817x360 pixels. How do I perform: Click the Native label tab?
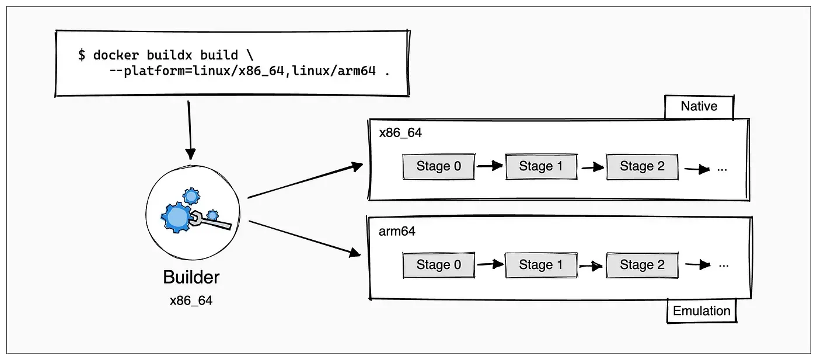pyautogui.click(x=699, y=107)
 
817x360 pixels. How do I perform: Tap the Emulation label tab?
pyautogui.click(x=701, y=311)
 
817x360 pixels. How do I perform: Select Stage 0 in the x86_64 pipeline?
pyautogui.click(x=439, y=166)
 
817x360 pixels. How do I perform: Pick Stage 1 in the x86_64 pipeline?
pyautogui.click(x=542, y=166)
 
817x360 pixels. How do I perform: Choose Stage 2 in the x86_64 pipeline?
pyautogui.click(x=643, y=166)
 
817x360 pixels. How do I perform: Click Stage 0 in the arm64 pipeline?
pyautogui.click(x=439, y=265)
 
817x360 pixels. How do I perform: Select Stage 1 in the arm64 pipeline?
pyautogui.click(x=542, y=265)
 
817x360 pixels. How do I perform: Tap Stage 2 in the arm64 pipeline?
pyautogui.click(x=643, y=265)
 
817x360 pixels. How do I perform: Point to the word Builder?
pyautogui.click(x=191, y=277)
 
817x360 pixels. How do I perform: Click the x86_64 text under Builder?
pyautogui.click(x=191, y=300)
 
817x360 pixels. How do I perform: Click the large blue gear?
pyautogui.click(x=176, y=218)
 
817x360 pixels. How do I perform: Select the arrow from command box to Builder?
pyautogui.click(x=189, y=130)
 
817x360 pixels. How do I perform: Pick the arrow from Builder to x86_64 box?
pyautogui.click(x=305, y=181)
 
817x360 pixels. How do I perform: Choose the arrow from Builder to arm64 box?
pyautogui.click(x=305, y=239)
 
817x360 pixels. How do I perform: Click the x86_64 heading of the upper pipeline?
pyautogui.click(x=400, y=133)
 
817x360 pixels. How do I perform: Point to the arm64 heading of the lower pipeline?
pyautogui.click(x=397, y=231)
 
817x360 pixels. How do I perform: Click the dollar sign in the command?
pyautogui.click(x=82, y=55)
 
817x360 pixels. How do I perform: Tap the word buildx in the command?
pyautogui.click(x=169, y=55)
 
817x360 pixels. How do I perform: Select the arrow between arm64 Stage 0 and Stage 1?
pyautogui.click(x=490, y=264)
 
